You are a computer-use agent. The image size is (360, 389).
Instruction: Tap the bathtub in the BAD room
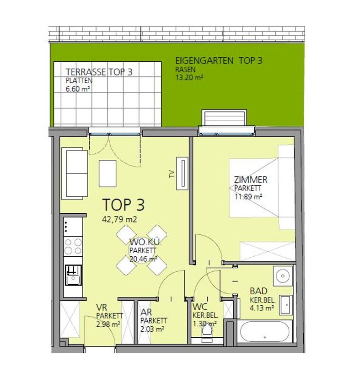(x=264, y=332)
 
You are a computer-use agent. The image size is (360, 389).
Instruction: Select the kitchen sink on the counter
(x=73, y=275)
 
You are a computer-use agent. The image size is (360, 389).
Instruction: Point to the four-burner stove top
(x=73, y=246)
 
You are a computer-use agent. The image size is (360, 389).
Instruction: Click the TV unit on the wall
(x=182, y=173)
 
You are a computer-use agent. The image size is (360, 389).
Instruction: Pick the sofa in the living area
(x=75, y=173)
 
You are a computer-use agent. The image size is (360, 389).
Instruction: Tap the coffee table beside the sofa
(x=107, y=173)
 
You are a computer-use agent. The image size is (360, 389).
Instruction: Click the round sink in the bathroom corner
(x=282, y=276)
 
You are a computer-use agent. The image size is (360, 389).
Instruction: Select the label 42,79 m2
(x=119, y=219)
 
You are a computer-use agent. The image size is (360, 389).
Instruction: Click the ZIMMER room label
(x=251, y=179)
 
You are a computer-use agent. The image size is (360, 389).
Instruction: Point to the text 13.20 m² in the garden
(x=189, y=78)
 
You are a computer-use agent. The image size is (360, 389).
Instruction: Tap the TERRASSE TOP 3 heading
(x=99, y=72)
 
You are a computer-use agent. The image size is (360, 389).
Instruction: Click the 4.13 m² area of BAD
(x=262, y=308)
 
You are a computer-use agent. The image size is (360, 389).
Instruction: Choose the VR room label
(x=102, y=308)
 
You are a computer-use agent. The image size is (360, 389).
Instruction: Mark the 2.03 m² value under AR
(x=152, y=329)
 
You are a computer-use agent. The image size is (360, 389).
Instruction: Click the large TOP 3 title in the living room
(x=124, y=205)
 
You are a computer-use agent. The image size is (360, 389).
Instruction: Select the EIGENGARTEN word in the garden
(x=204, y=60)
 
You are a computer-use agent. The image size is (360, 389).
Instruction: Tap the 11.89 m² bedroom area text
(x=248, y=197)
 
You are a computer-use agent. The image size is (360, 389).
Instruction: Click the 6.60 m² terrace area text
(x=78, y=89)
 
